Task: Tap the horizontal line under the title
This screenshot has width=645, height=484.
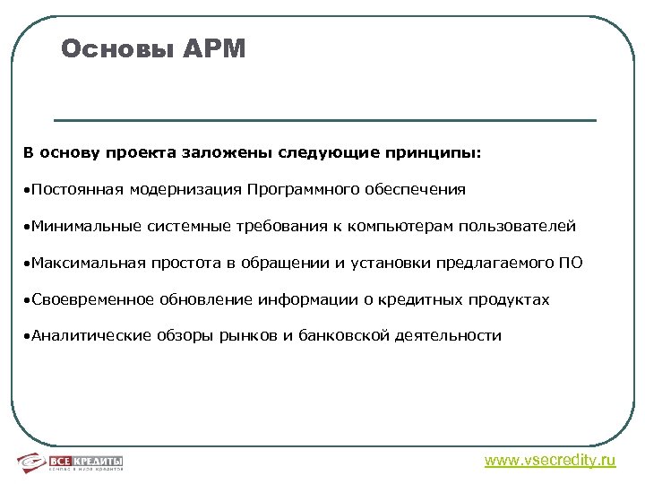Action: click(x=324, y=120)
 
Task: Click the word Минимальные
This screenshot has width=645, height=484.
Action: click(x=86, y=226)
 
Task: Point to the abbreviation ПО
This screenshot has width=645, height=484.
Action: click(x=570, y=263)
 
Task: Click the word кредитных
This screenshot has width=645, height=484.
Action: click(x=435, y=299)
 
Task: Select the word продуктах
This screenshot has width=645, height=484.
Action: click(x=516, y=299)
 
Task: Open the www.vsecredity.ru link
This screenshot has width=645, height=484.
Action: click(x=550, y=461)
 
